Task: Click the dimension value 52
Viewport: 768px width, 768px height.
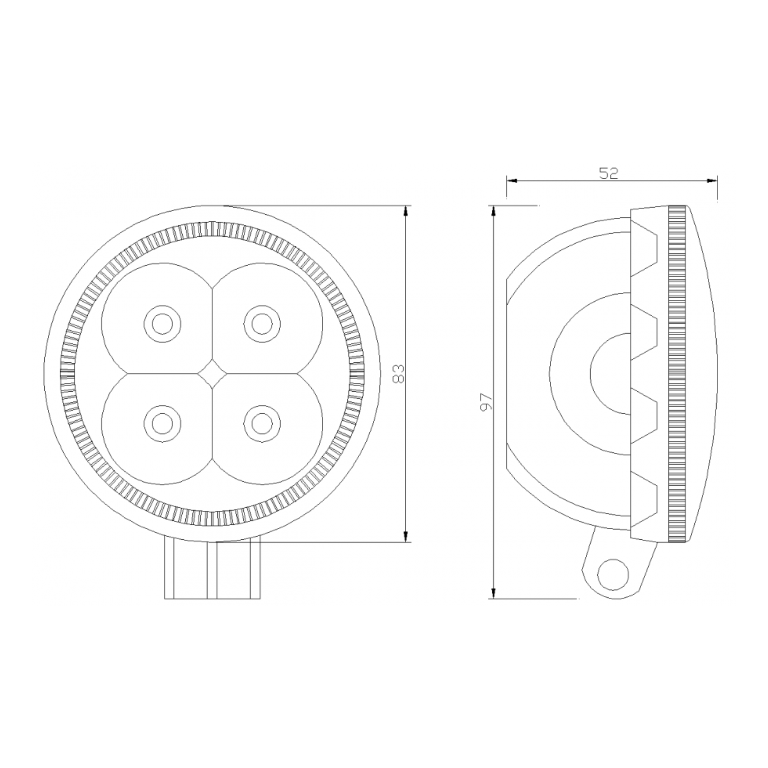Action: pos(608,173)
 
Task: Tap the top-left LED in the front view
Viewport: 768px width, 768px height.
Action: pos(162,324)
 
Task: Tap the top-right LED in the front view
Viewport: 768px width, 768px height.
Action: pos(262,324)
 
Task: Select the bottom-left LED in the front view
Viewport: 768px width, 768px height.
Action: pos(162,423)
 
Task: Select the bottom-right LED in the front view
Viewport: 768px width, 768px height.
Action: pos(262,423)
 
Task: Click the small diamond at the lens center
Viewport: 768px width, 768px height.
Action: pos(212,374)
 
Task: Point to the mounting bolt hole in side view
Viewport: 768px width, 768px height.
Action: pos(613,575)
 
